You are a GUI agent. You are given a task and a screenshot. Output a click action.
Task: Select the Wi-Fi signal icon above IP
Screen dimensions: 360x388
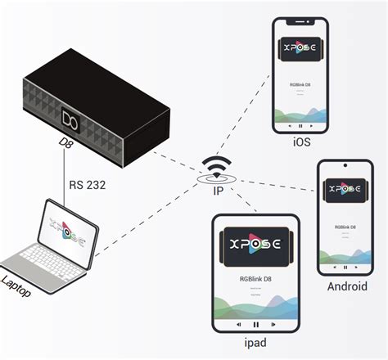click(x=217, y=166)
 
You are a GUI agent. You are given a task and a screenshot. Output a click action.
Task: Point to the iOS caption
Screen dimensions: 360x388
click(x=300, y=143)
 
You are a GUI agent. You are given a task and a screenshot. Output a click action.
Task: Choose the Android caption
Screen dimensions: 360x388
click(x=347, y=286)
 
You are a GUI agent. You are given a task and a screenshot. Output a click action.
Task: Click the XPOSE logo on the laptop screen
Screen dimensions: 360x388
click(x=65, y=228)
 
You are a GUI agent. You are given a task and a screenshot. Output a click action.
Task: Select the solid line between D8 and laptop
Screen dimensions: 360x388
click(x=64, y=176)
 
